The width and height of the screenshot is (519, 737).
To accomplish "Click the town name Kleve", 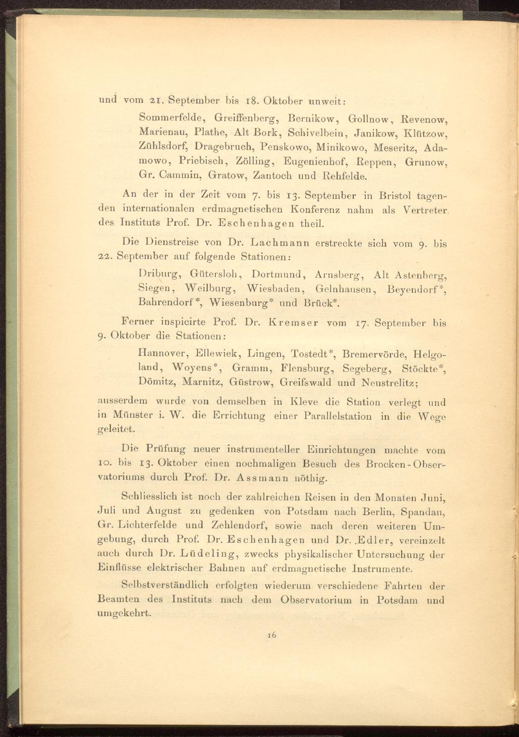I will coord(309,401).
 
